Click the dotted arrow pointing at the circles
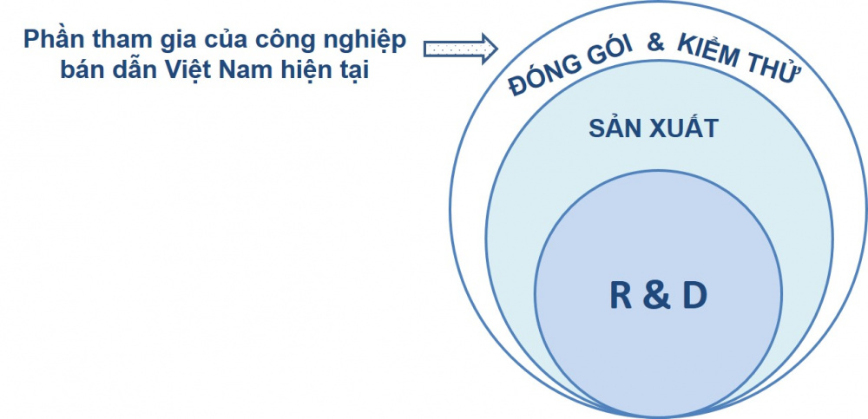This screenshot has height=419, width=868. pyautogui.click(x=461, y=49)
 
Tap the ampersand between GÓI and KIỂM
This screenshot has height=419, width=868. pyautogui.click(x=655, y=43)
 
